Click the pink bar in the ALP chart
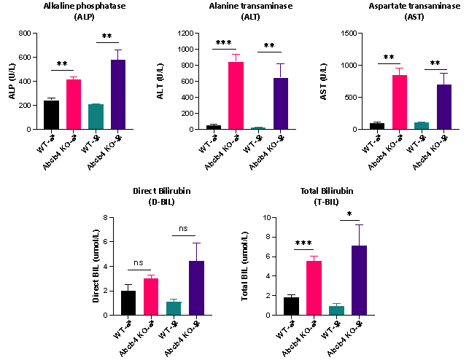[x=74, y=104]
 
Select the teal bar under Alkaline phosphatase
[x=96, y=117]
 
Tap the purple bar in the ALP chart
[x=118, y=95]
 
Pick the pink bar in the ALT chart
[x=236, y=95]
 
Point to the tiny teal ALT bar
[x=258, y=128]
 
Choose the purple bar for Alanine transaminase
[x=281, y=103]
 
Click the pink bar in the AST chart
[x=400, y=102]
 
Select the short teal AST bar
[x=422, y=125]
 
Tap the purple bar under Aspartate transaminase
[x=444, y=106]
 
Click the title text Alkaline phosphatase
[x=85, y=6]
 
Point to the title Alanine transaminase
[x=250, y=6]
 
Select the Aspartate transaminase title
[x=414, y=6]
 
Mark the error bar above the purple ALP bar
[x=118, y=54]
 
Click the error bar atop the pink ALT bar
[x=236, y=58]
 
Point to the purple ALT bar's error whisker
[x=281, y=70]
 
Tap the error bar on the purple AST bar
[x=444, y=78]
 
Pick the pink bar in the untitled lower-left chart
[x=151, y=297]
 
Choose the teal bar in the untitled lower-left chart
[x=174, y=308]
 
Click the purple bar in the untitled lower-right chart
[x=359, y=280]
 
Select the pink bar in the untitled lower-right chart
[x=314, y=288]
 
